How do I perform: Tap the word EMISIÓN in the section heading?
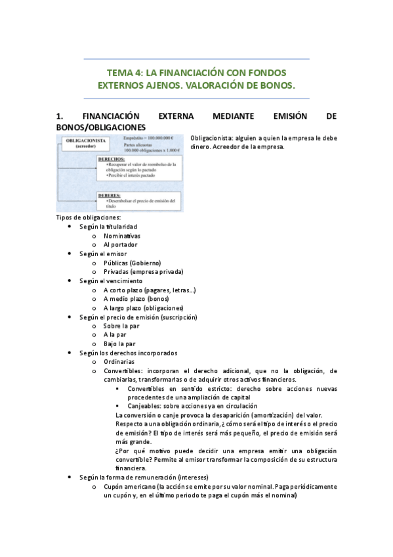coord(272,116)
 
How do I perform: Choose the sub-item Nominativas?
coord(122,235)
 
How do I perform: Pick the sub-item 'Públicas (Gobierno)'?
coord(132,262)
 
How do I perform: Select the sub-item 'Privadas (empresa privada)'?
coord(143,271)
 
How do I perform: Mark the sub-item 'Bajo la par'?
coord(119,343)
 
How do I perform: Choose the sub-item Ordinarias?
coord(119,361)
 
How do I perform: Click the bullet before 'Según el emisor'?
coord(70,254)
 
